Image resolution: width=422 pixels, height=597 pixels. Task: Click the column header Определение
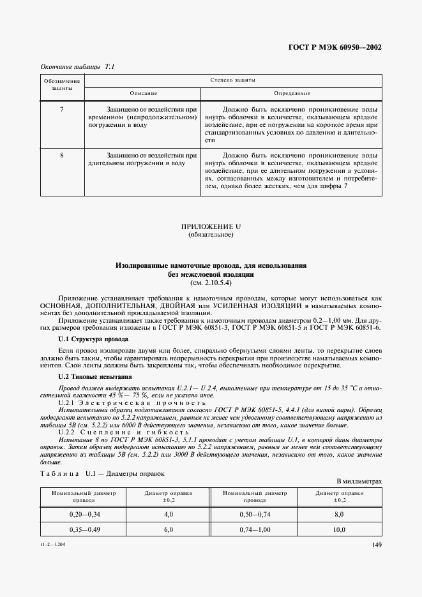[x=292, y=93]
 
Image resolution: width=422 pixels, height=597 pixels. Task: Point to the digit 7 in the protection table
[x=61, y=110]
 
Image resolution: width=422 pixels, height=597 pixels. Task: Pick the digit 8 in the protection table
[x=61, y=155]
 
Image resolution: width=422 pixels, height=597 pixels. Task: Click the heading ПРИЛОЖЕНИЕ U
[x=211, y=226]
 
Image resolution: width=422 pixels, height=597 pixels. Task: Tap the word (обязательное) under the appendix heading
[x=211, y=235]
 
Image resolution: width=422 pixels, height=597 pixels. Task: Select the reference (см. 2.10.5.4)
[x=211, y=282]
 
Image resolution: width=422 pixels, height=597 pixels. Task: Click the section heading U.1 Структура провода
[x=93, y=340]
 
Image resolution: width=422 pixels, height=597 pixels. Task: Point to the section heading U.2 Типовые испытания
[x=95, y=378]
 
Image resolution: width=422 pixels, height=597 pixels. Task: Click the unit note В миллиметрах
[x=359, y=482]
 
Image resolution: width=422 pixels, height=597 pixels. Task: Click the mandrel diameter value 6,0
[x=169, y=530]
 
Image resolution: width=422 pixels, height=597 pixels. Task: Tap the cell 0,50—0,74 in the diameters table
[x=254, y=513]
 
